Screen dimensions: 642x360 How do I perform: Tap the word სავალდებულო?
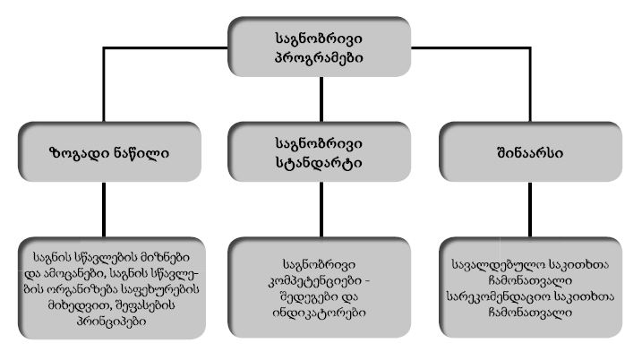494,265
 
